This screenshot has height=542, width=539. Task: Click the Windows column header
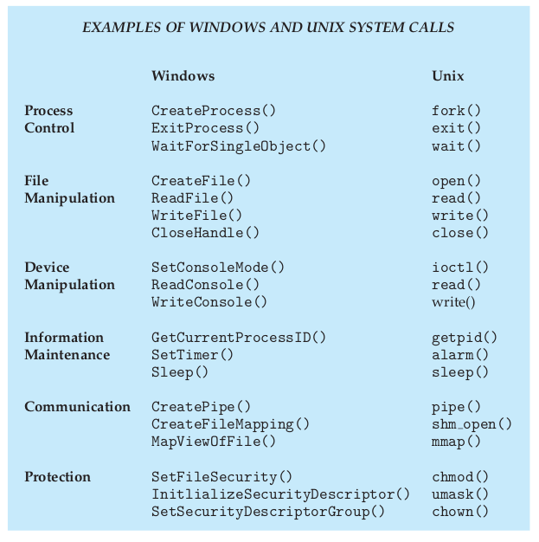pos(183,75)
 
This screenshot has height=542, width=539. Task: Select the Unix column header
pos(448,75)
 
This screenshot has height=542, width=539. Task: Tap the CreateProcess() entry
pos(214,111)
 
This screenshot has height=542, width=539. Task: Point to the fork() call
pos(456,111)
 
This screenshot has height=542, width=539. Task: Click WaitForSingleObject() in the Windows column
pos(239,146)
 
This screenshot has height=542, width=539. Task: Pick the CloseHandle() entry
pos(205,233)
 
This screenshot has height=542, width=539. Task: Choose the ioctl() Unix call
pos(460,268)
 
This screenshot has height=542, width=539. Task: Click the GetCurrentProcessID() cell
pos(239,338)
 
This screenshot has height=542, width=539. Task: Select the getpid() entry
pos(465,338)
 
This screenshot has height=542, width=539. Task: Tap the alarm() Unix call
pos(460,355)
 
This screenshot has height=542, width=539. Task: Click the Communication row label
pos(77,407)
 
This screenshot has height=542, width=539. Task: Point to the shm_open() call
pos(472,424)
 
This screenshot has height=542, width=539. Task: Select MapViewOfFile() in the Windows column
pos(214,442)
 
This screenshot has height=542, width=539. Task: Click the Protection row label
pos(58,477)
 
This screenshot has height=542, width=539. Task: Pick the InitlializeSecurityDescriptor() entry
pos(280,494)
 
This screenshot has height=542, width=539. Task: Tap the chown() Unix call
pos(460,512)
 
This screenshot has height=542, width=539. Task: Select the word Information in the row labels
pos(64,338)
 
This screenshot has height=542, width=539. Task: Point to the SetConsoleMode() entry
pos(218,268)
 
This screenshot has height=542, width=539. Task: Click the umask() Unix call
pos(460,494)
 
